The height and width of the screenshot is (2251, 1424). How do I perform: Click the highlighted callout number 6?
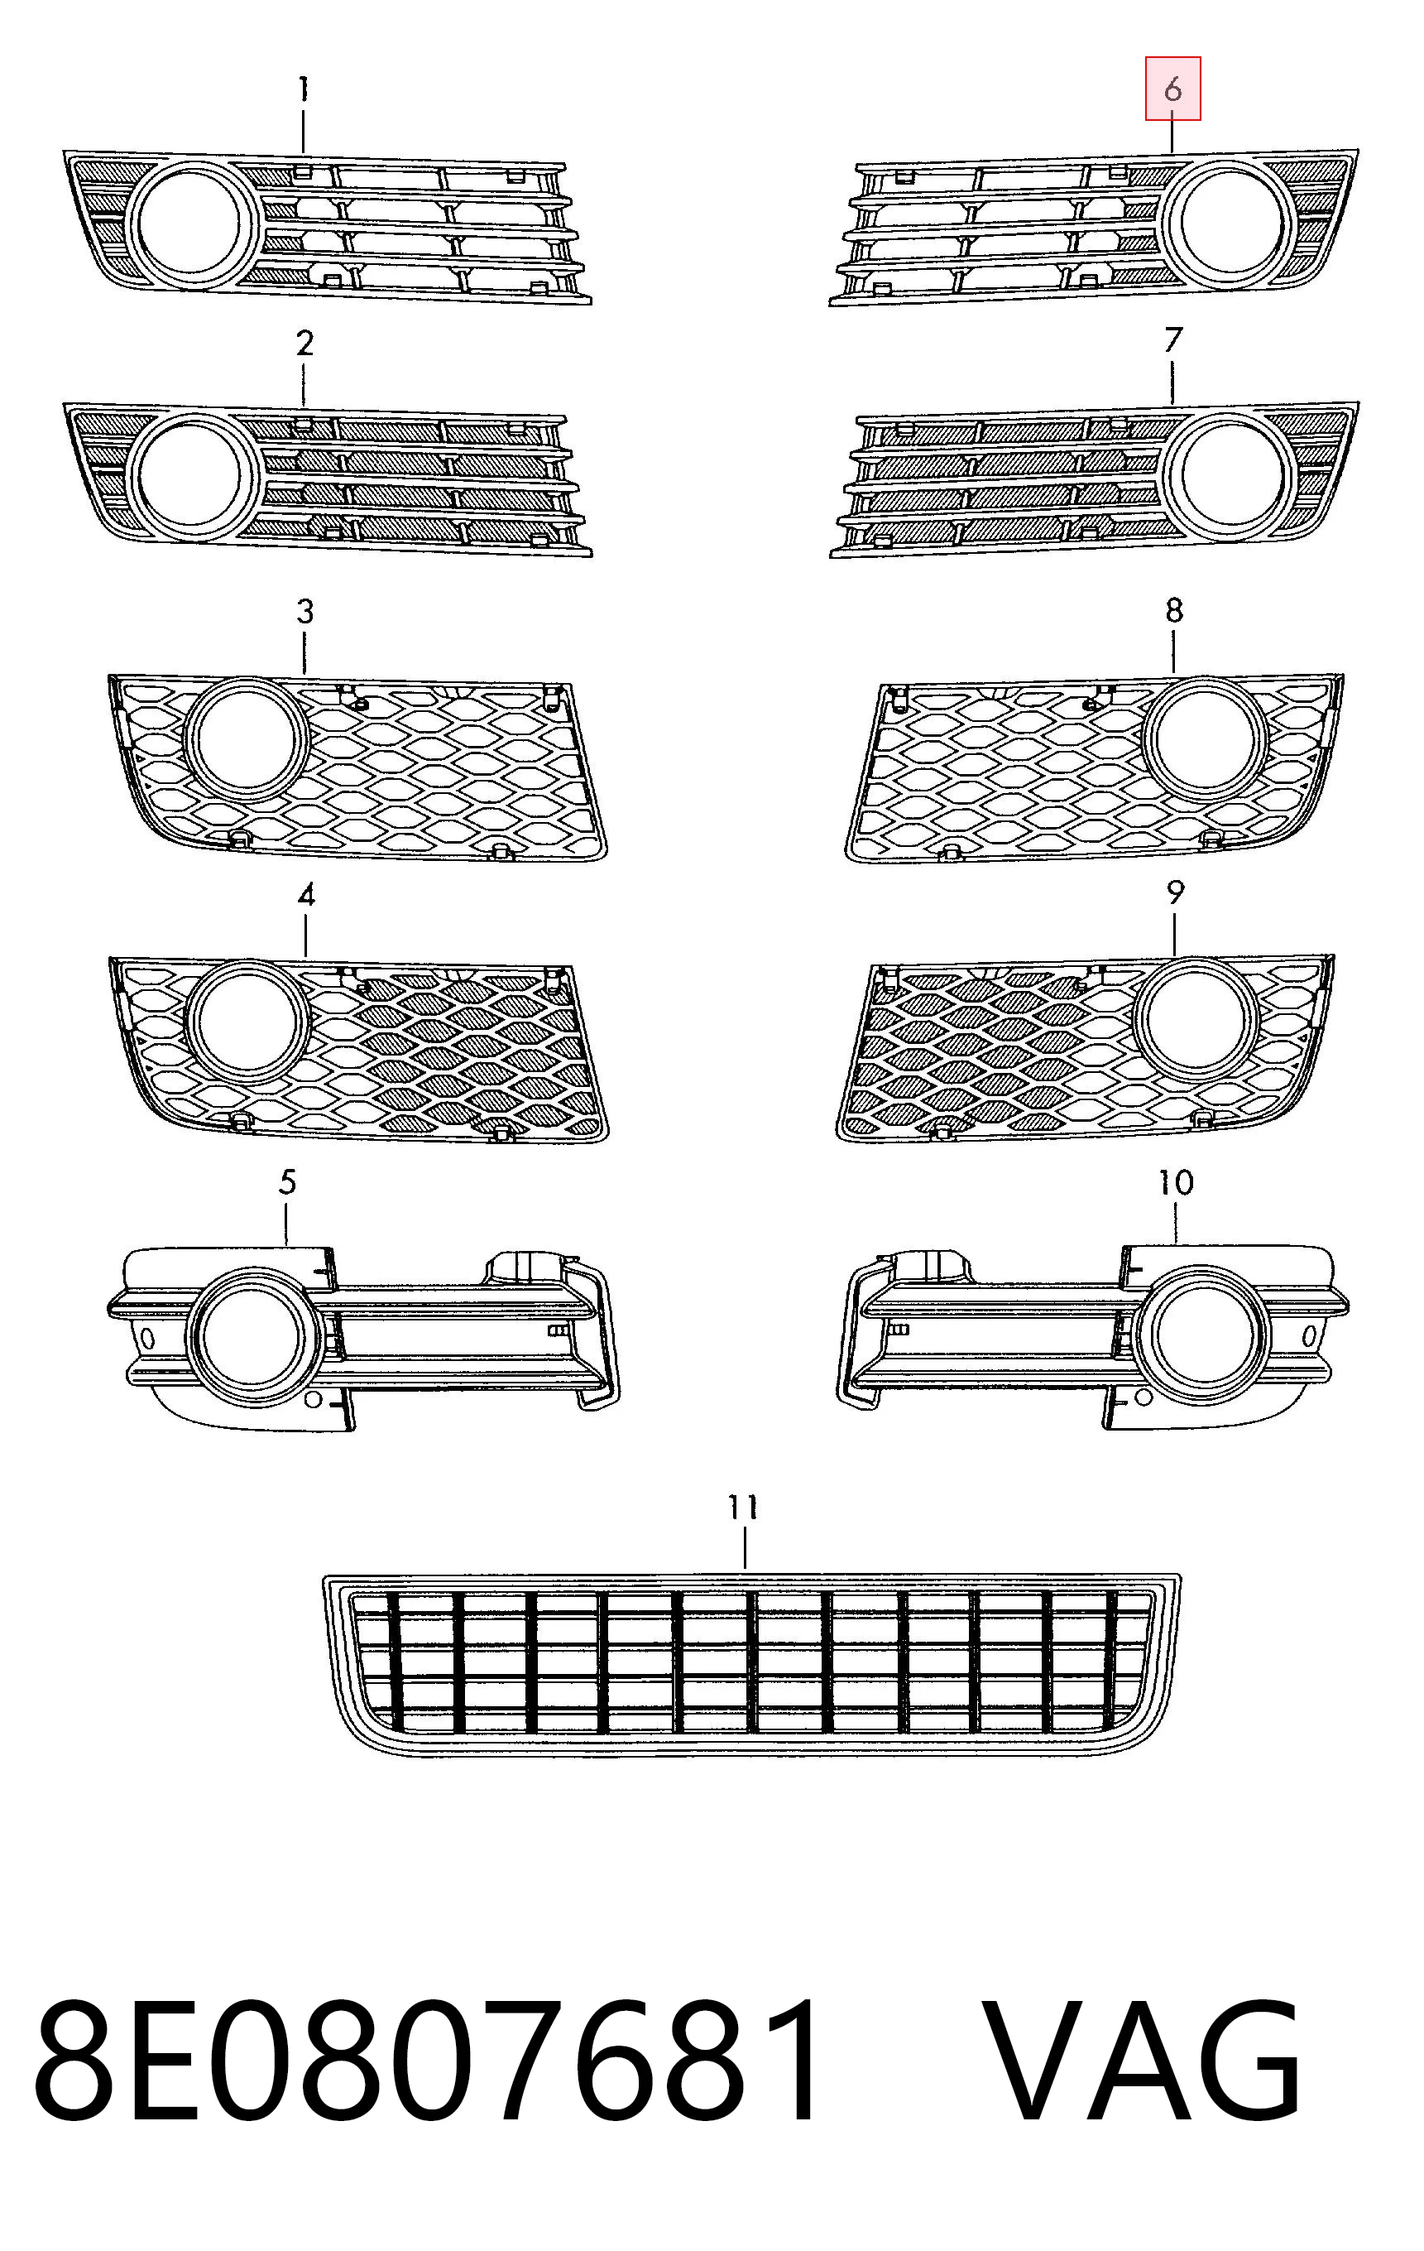click(x=1172, y=89)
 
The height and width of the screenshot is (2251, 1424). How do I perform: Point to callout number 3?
click(x=305, y=613)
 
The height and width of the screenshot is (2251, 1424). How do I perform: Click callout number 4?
click(x=306, y=896)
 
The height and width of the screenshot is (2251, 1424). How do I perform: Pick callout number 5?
click(x=288, y=1181)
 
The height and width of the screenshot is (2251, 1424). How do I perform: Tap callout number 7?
click(x=1173, y=339)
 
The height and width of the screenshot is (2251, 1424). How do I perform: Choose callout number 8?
click(x=1174, y=610)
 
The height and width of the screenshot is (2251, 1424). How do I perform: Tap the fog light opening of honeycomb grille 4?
click(x=247, y=1021)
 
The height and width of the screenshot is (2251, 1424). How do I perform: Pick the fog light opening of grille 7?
click(x=1231, y=473)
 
